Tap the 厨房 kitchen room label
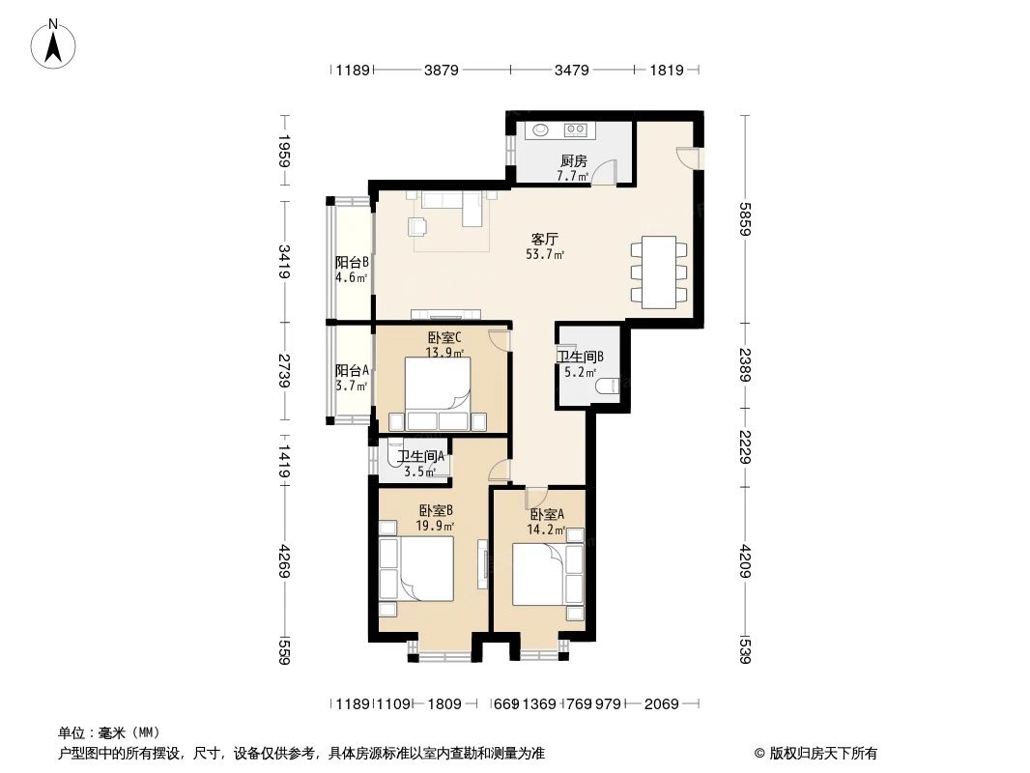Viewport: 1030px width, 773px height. pyautogui.click(x=573, y=161)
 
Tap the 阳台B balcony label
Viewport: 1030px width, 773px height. pyautogui.click(x=352, y=262)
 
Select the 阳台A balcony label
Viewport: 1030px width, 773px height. pyautogui.click(x=352, y=370)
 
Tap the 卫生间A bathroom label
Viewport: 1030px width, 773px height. pyautogui.click(x=420, y=457)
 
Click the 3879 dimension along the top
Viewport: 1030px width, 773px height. pyautogui.click(x=441, y=70)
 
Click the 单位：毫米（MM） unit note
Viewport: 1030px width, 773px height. pyautogui.click(x=109, y=733)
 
